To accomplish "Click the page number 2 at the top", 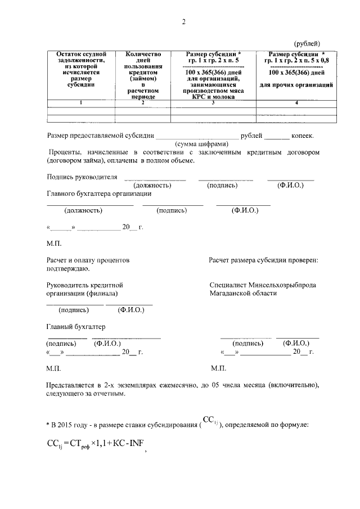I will (183, 22).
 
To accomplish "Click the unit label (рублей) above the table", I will (307, 43).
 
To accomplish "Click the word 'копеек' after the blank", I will (302, 136).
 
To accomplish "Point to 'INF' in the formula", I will (135, 443).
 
